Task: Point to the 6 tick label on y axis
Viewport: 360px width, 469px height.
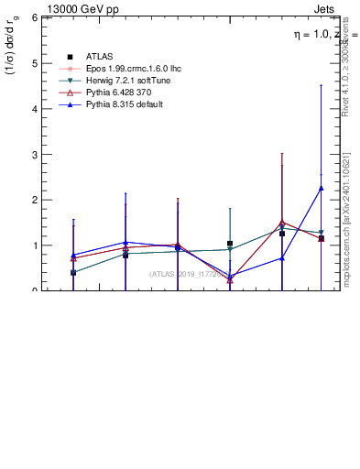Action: (34, 17)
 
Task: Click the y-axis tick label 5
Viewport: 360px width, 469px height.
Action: (34, 63)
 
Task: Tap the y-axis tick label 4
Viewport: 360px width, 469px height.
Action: (34, 109)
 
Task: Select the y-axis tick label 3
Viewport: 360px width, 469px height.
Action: (34, 154)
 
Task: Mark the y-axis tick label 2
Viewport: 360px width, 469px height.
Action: (34, 200)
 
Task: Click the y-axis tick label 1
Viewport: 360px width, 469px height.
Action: (34, 245)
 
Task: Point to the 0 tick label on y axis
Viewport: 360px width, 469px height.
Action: (34, 290)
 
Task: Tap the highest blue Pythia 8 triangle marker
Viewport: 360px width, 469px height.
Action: (321, 188)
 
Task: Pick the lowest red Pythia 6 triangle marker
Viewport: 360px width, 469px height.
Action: (230, 280)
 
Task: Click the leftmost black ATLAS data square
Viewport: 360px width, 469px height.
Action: (73, 273)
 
